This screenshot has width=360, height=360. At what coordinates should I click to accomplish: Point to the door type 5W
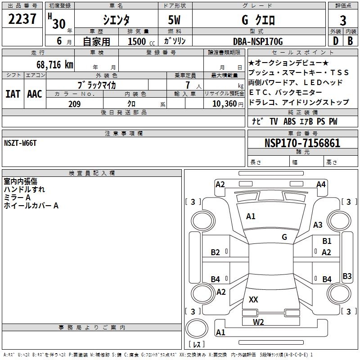[x=175, y=19]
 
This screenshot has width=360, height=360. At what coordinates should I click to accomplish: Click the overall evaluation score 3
[x=343, y=20]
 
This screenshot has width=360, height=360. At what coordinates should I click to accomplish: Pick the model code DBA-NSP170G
[x=258, y=41]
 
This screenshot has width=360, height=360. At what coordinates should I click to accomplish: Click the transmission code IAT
[x=13, y=94]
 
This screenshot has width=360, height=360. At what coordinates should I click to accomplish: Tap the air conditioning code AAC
[x=34, y=94]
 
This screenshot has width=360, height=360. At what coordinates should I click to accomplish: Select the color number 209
[x=74, y=104]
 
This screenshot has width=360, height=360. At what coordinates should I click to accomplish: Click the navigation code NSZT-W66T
[x=20, y=143]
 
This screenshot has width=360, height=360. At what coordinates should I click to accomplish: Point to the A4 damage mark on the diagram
[x=321, y=184]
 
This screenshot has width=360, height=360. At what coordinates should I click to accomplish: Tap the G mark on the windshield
[x=284, y=237]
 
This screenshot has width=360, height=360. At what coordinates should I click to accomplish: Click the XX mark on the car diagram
[x=253, y=299]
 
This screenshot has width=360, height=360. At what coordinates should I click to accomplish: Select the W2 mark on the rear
[x=258, y=321]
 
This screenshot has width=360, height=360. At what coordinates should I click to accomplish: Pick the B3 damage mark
[x=347, y=276]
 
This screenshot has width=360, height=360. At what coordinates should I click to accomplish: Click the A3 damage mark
[x=318, y=225]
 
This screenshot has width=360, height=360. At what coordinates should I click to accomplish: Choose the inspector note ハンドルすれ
[x=24, y=189]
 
